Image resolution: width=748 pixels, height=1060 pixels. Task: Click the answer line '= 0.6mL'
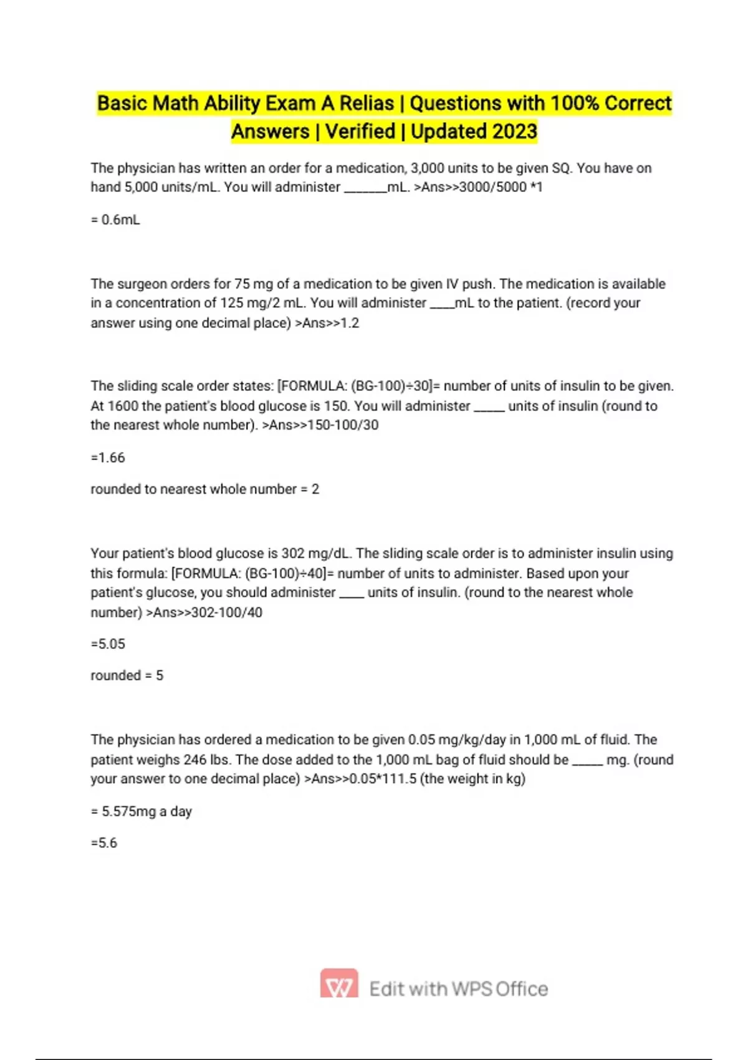click(x=115, y=219)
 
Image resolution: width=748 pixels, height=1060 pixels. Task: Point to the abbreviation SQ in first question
click(x=562, y=168)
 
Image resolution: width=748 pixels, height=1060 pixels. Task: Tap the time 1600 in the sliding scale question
click(x=123, y=406)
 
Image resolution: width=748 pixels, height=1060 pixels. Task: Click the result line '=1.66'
click(x=108, y=458)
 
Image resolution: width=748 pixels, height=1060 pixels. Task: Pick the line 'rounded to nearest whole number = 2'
click(x=204, y=489)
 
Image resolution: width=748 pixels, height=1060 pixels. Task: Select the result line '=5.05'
click(x=108, y=644)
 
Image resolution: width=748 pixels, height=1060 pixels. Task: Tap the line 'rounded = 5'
click(x=127, y=676)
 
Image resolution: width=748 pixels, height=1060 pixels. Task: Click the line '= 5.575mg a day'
click(x=141, y=812)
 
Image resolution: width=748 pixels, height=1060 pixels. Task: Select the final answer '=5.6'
click(x=104, y=843)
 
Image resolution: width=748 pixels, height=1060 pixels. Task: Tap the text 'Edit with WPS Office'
click(x=459, y=989)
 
